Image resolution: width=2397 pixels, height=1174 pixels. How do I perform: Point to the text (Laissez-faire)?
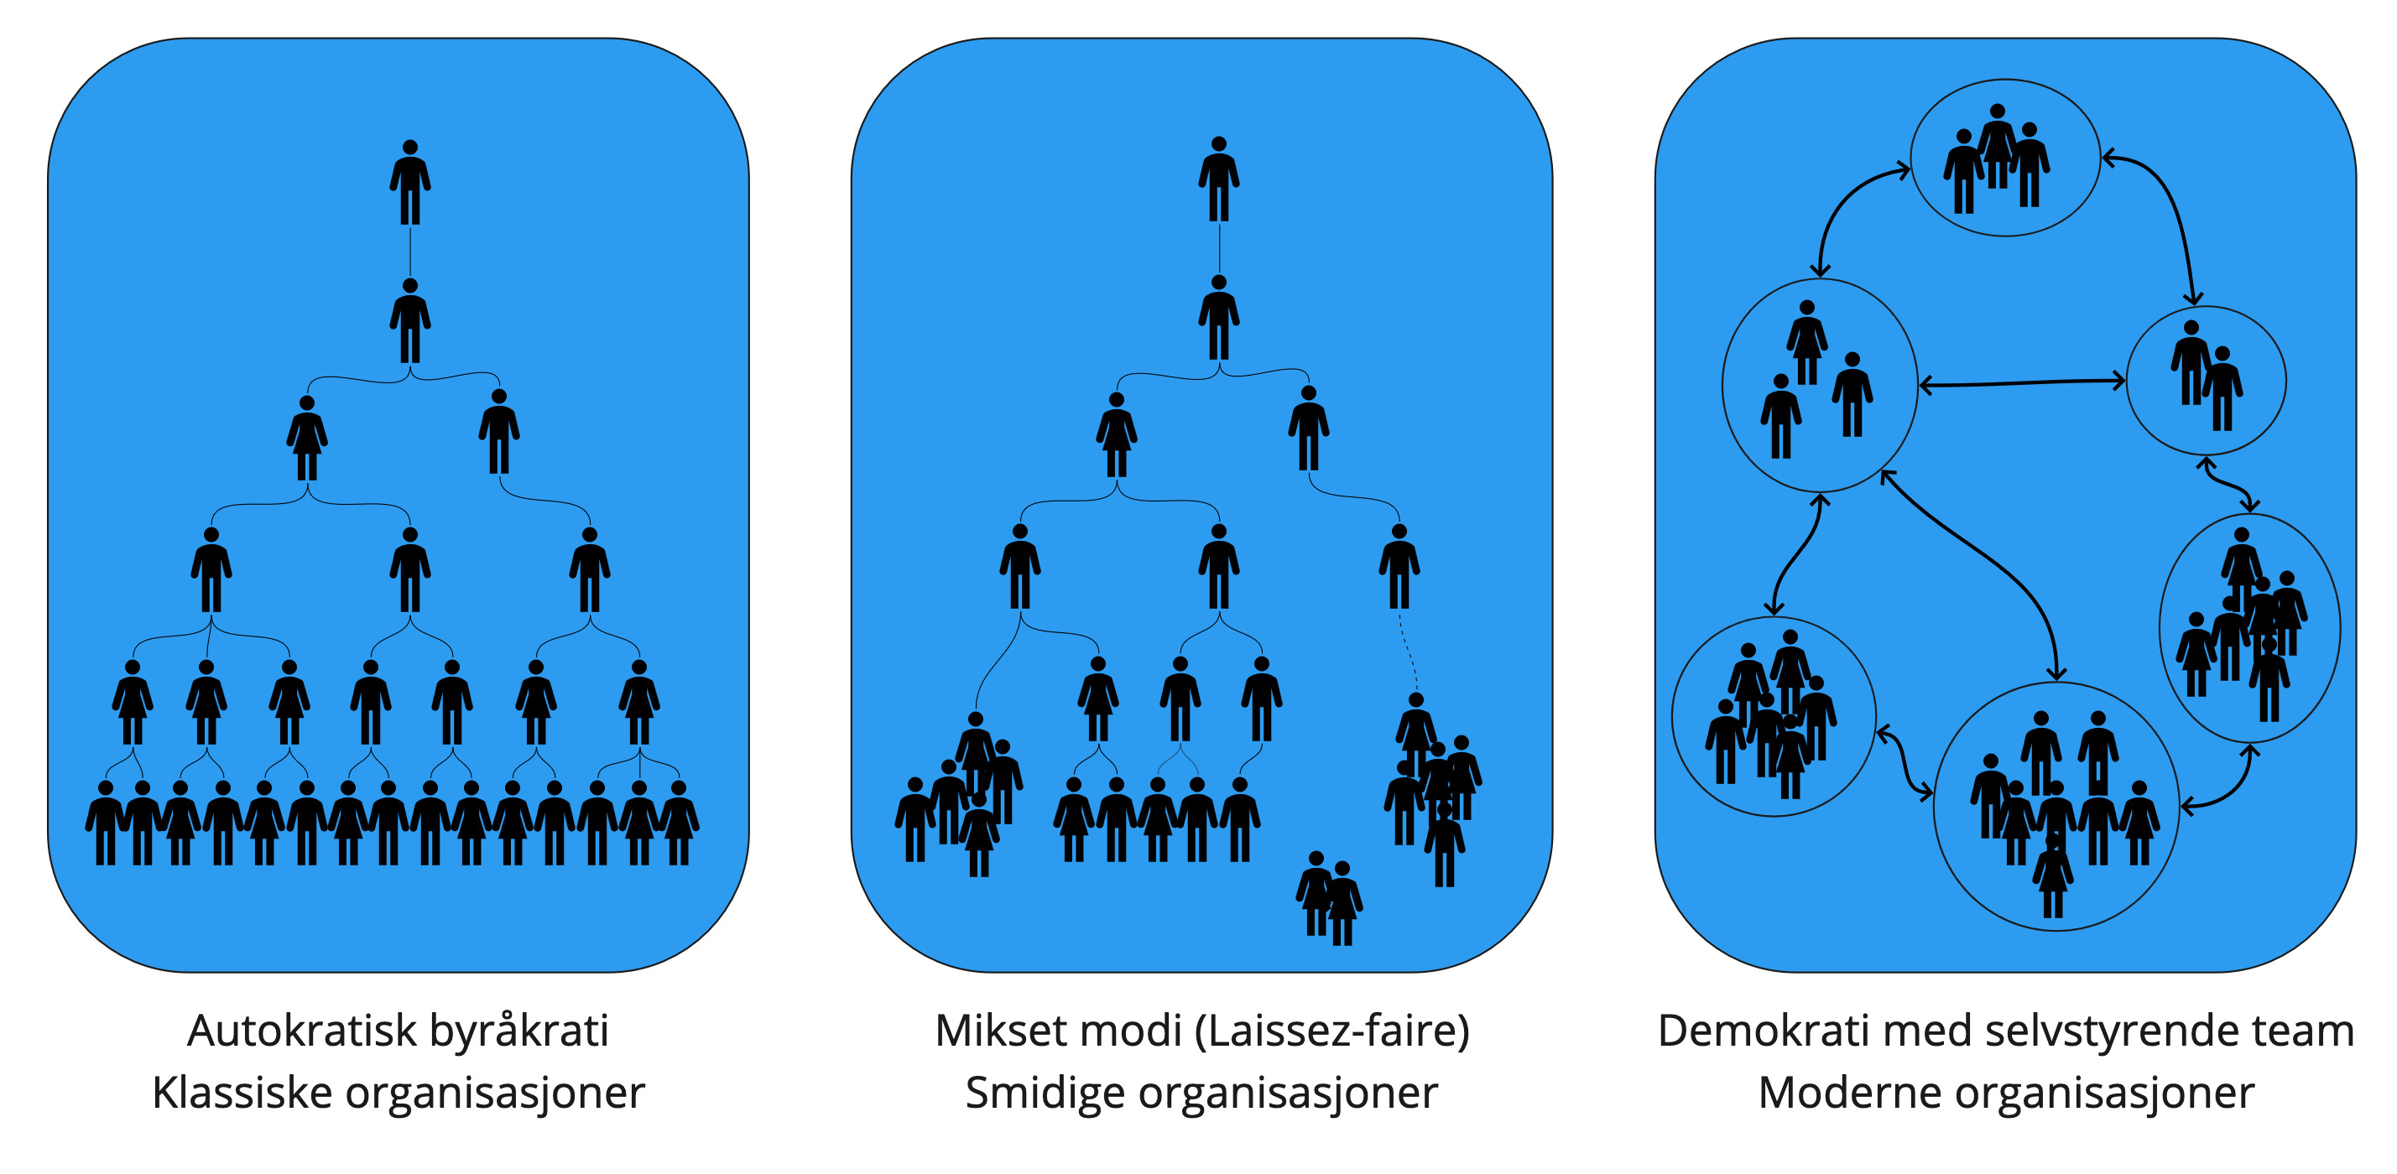tap(1331, 1031)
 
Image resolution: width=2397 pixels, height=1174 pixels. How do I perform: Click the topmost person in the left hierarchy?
tap(409, 181)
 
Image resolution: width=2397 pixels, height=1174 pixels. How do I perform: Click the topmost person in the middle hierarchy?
tap(1218, 179)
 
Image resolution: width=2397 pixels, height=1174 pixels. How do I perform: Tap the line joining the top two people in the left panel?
tap(410, 252)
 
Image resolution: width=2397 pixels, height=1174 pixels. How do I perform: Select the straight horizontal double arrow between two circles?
tap(2022, 382)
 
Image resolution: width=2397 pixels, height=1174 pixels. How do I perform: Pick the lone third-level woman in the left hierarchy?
tap(306, 437)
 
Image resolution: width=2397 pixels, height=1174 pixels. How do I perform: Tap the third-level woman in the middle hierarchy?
tap(1116, 434)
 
